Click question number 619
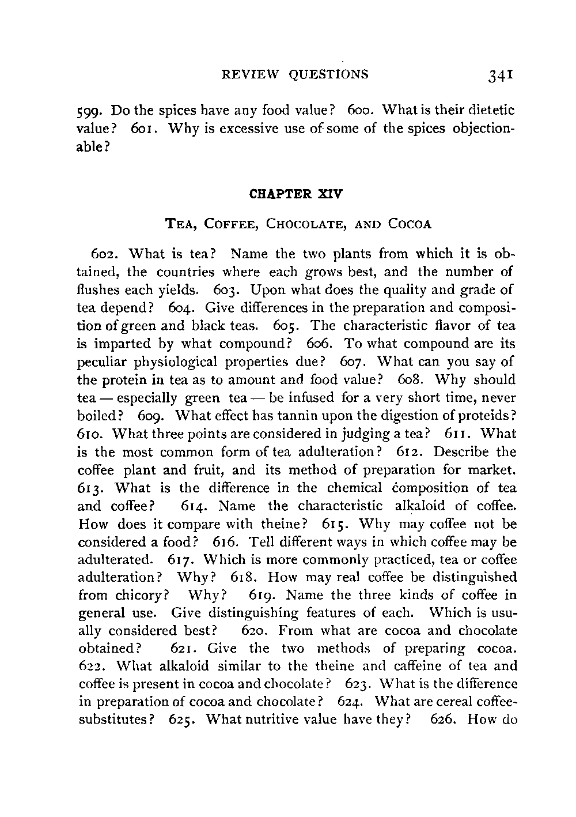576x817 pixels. [x=264, y=595]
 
